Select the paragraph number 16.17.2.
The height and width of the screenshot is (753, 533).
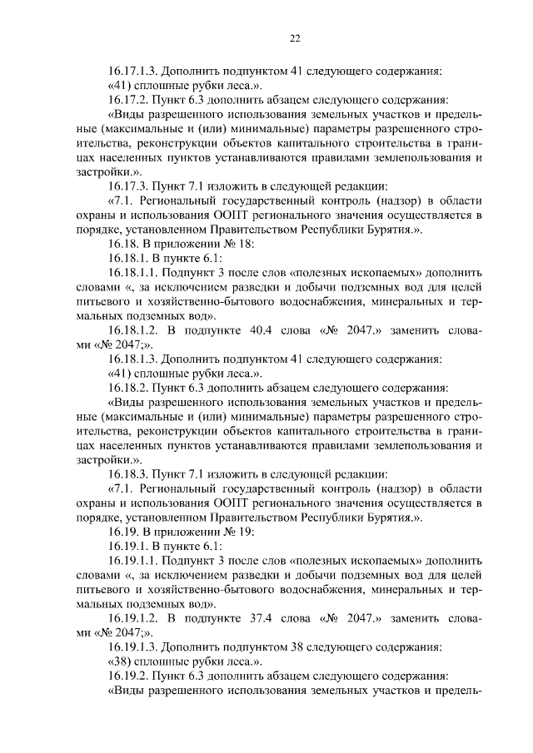[129, 99]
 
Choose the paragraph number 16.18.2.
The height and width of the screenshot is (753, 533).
[129, 388]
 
